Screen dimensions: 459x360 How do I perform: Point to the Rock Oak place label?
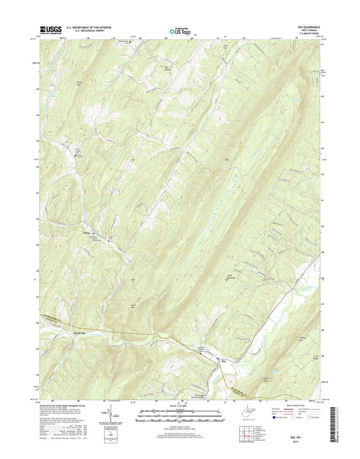[x=80, y=334]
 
